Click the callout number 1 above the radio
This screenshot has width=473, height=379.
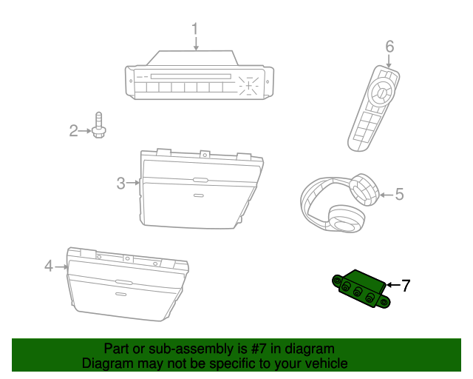(x=195, y=29)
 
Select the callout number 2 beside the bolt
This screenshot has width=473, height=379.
(x=73, y=130)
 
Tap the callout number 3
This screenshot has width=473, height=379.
(x=121, y=183)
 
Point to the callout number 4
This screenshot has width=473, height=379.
(x=49, y=266)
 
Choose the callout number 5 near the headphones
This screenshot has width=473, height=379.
(x=399, y=194)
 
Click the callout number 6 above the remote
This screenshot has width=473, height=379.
(x=389, y=47)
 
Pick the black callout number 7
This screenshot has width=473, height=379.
(x=406, y=285)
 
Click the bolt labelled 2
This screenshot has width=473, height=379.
(x=98, y=125)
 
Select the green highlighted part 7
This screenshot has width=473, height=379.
(x=361, y=289)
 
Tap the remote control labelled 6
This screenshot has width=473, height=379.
(x=373, y=108)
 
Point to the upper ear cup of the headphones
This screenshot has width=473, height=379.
(x=364, y=189)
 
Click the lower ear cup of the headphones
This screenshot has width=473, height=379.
(x=346, y=219)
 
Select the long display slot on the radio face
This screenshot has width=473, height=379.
(x=191, y=76)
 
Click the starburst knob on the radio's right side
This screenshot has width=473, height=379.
(x=248, y=86)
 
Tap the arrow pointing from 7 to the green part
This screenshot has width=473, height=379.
(x=394, y=285)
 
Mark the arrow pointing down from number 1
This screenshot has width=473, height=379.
(x=196, y=44)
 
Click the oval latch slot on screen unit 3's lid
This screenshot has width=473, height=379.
(x=200, y=180)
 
